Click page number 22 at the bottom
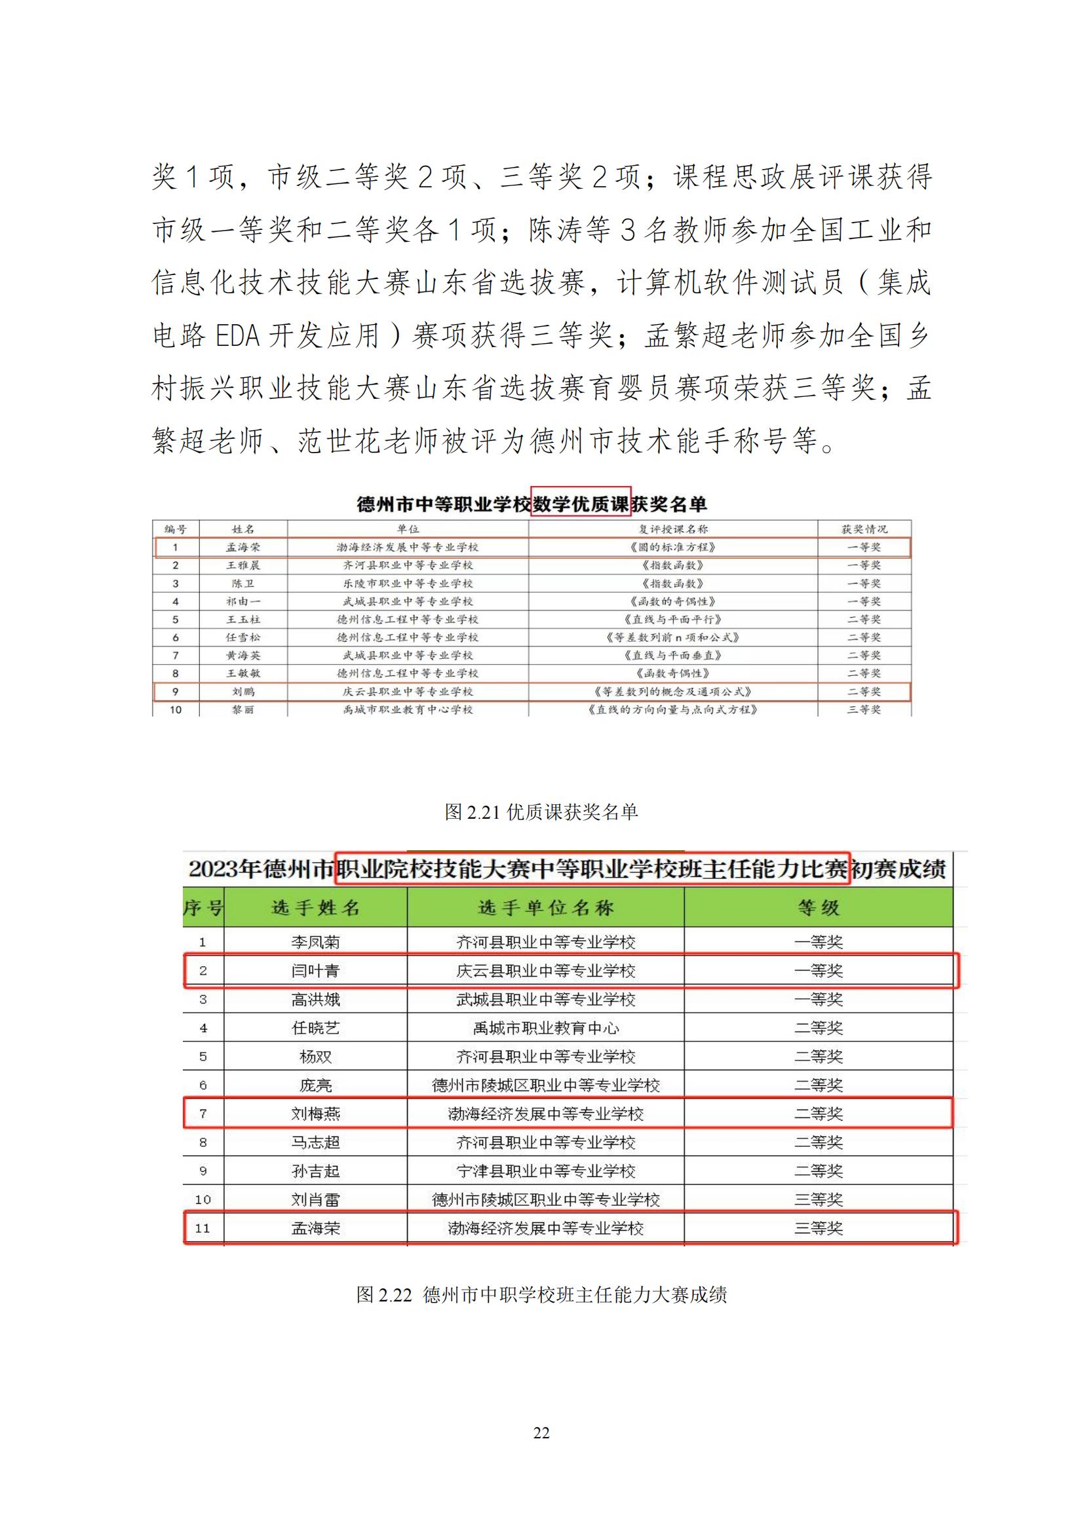click(x=541, y=1432)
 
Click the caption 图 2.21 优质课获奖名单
click(x=541, y=812)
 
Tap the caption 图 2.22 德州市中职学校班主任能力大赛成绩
click(x=541, y=1294)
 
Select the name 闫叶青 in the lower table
click(x=315, y=971)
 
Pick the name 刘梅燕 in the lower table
click(x=315, y=1113)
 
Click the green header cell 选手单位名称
click(x=545, y=907)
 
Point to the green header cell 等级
click(x=819, y=907)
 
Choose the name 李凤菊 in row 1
click(x=315, y=942)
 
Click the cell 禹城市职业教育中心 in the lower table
click(x=545, y=1028)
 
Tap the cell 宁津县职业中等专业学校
click(x=545, y=1171)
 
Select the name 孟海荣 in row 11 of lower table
click(x=315, y=1227)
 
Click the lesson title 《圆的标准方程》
click(x=673, y=547)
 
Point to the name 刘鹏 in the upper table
click(x=243, y=692)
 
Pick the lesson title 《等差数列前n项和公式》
click(x=673, y=637)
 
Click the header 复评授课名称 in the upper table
click(x=673, y=529)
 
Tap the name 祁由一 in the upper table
click(x=243, y=601)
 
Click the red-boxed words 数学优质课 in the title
click(x=581, y=504)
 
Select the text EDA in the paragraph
click(x=237, y=335)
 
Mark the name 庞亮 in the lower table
click(x=315, y=1085)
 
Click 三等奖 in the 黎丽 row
click(x=864, y=710)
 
